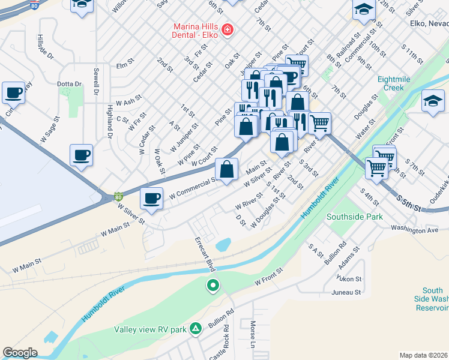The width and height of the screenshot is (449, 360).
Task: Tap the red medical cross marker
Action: [x=227, y=29]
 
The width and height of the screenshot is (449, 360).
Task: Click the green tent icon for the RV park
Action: [x=195, y=328]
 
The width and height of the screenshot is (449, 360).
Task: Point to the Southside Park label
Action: [x=354, y=216]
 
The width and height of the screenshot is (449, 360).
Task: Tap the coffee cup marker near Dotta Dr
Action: [x=13, y=93]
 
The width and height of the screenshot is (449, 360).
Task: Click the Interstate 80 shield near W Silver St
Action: [x=119, y=196]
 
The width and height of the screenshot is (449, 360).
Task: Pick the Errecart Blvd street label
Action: [x=205, y=253]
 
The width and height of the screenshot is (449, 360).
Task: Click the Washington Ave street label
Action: [x=415, y=229]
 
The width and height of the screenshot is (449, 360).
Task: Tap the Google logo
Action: [x=20, y=353]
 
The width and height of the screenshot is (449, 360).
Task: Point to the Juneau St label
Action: [x=348, y=292]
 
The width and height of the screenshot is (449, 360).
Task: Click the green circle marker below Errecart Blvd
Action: [x=212, y=286]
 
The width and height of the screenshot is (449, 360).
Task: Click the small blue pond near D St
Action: [x=223, y=244]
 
